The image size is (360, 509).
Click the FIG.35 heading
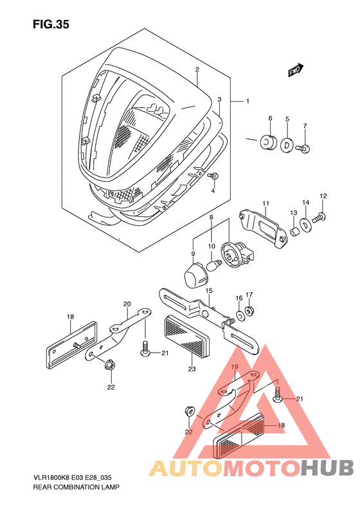coord(51,24)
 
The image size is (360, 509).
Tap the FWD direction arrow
coord(296,70)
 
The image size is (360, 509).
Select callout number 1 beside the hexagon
coord(248,101)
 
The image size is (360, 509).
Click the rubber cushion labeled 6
coord(268,141)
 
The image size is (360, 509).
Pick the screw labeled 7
coord(303,149)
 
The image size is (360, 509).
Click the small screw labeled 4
coord(213,176)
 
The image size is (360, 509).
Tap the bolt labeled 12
coord(319,217)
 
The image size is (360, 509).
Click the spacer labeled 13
coord(294,232)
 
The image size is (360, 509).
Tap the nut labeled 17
coord(249,311)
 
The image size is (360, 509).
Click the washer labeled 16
coord(240,315)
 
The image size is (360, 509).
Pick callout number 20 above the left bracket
coord(127,304)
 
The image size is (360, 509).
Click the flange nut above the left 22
coord(111,366)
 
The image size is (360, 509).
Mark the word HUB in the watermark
coord(327,468)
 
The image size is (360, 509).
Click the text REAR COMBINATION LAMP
coord(76,487)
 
